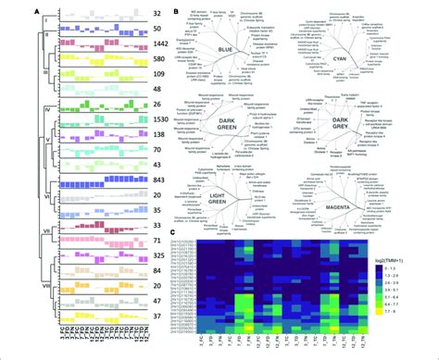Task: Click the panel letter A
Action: pos(11,8)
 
